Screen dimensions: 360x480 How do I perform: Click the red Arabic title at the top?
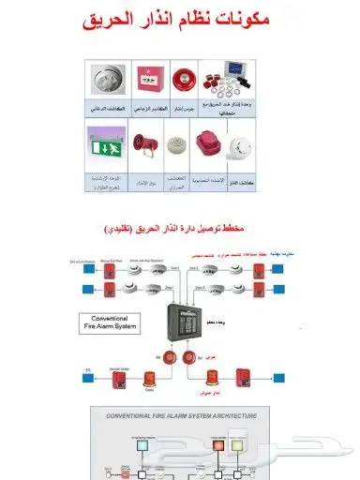[x=180, y=18]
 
